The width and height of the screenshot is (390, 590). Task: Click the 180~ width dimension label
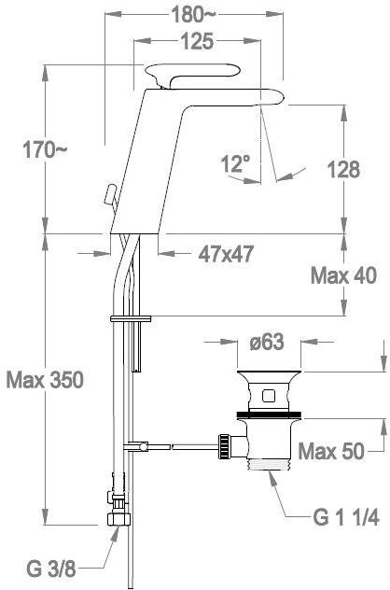(x=193, y=15)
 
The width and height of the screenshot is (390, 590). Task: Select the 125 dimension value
(x=197, y=41)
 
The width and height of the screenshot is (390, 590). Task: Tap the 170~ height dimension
(x=45, y=149)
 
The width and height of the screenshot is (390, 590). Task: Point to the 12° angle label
(x=236, y=164)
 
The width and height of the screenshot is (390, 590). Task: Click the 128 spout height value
(x=343, y=169)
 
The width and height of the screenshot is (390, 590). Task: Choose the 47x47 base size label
(x=226, y=254)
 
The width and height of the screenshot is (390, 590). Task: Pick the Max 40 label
(x=343, y=275)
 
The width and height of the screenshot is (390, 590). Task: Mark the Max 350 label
(x=45, y=380)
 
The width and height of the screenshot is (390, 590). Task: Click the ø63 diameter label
(x=267, y=343)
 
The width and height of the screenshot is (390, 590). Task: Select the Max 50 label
(x=331, y=450)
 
